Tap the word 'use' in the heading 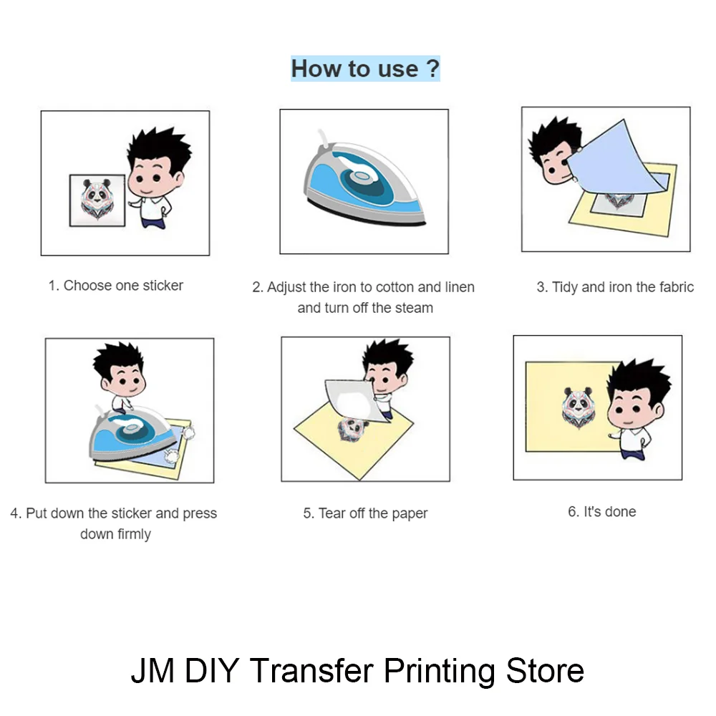pos(398,69)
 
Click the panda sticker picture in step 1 pos(97,200)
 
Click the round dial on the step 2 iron pos(361,176)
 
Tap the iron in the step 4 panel pos(133,433)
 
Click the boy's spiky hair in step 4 pos(119,359)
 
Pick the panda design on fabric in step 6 pos(578,407)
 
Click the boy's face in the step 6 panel pos(633,408)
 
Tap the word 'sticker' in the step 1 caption pos(163,286)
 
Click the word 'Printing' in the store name pos(440,671)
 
